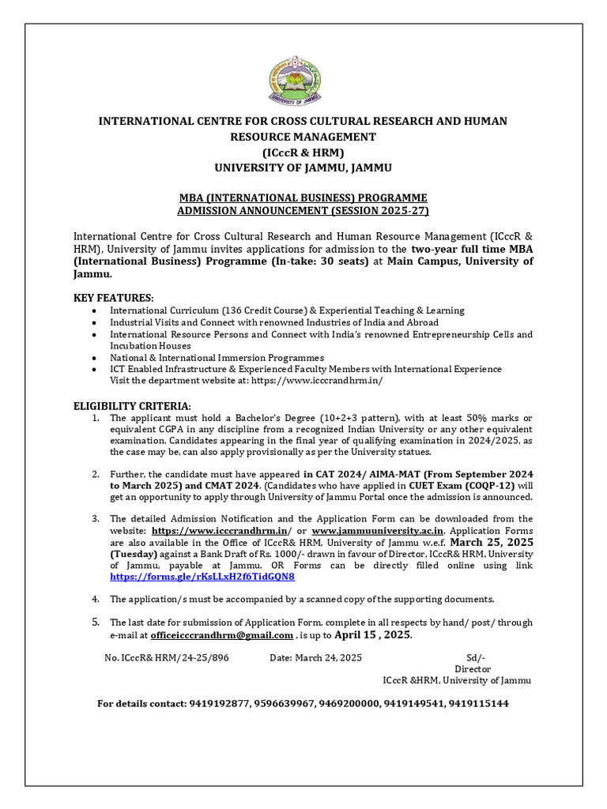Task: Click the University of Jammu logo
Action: point(302,73)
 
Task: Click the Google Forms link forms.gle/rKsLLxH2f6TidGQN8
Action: point(202,578)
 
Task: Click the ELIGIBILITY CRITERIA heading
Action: point(132,405)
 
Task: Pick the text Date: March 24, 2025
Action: point(315,658)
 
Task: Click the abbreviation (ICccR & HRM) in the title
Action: point(303,152)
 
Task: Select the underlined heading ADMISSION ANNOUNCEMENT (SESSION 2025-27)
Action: point(303,212)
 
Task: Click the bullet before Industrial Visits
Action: point(95,322)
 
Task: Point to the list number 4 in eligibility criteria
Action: point(95,598)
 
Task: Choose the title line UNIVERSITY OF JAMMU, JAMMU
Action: point(303,167)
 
